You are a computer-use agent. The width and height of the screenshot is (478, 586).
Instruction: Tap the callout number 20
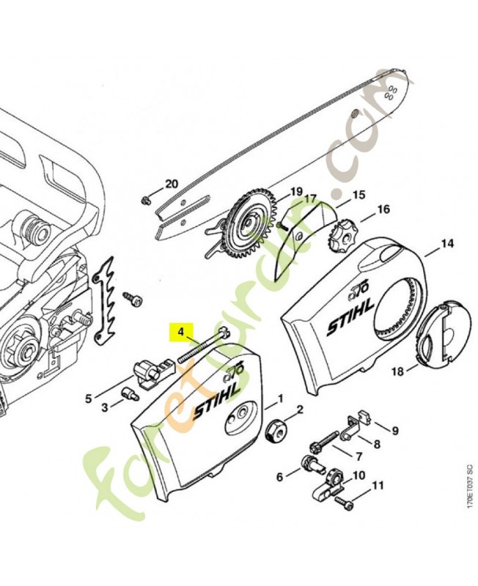point(171,184)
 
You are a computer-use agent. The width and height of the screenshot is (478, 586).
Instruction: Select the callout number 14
point(446,243)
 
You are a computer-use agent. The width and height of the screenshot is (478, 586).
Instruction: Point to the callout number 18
point(397,372)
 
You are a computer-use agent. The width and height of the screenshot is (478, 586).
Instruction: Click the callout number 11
point(378,486)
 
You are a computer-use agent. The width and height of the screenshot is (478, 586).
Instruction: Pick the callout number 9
point(394,430)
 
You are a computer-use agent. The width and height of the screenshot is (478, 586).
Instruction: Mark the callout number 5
point(88,399)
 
